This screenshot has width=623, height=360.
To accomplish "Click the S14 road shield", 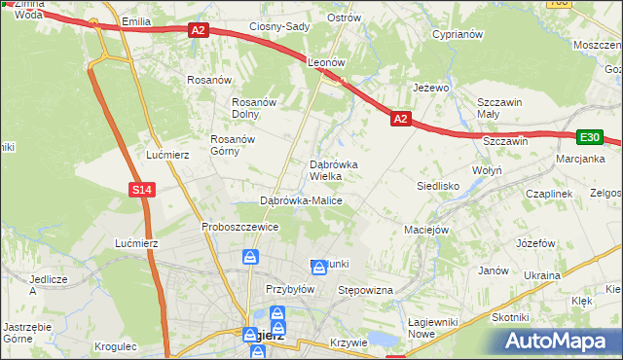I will tap(142, 190).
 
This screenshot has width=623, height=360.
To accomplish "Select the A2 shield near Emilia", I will tap(198, 30).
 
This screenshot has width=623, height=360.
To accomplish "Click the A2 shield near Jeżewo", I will tap(401, 119).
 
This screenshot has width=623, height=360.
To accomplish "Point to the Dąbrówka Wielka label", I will tap(334, 171).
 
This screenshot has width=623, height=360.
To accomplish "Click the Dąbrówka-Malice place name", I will tap(301, 200).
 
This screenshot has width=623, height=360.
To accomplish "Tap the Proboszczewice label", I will tap(240, 227).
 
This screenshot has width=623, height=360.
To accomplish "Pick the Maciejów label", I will tap(425, 231).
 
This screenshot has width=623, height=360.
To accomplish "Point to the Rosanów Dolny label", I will tap(255, 108).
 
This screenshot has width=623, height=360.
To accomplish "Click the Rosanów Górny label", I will tap(233, 145).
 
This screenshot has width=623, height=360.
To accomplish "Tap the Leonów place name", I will tap(327, 61).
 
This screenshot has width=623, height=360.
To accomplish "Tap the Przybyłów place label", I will tap(290, 289).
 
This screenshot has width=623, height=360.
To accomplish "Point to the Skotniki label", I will tap(510, 317).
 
